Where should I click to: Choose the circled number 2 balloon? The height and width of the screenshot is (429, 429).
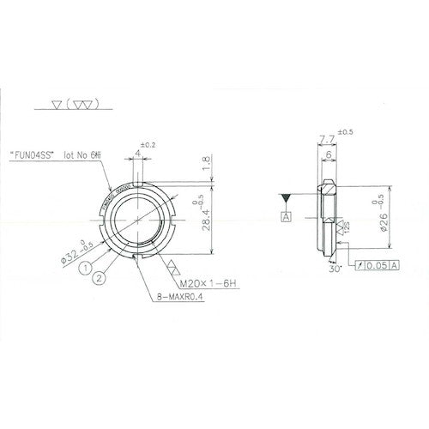100,277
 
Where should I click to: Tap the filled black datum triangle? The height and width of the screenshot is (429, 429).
283,198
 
